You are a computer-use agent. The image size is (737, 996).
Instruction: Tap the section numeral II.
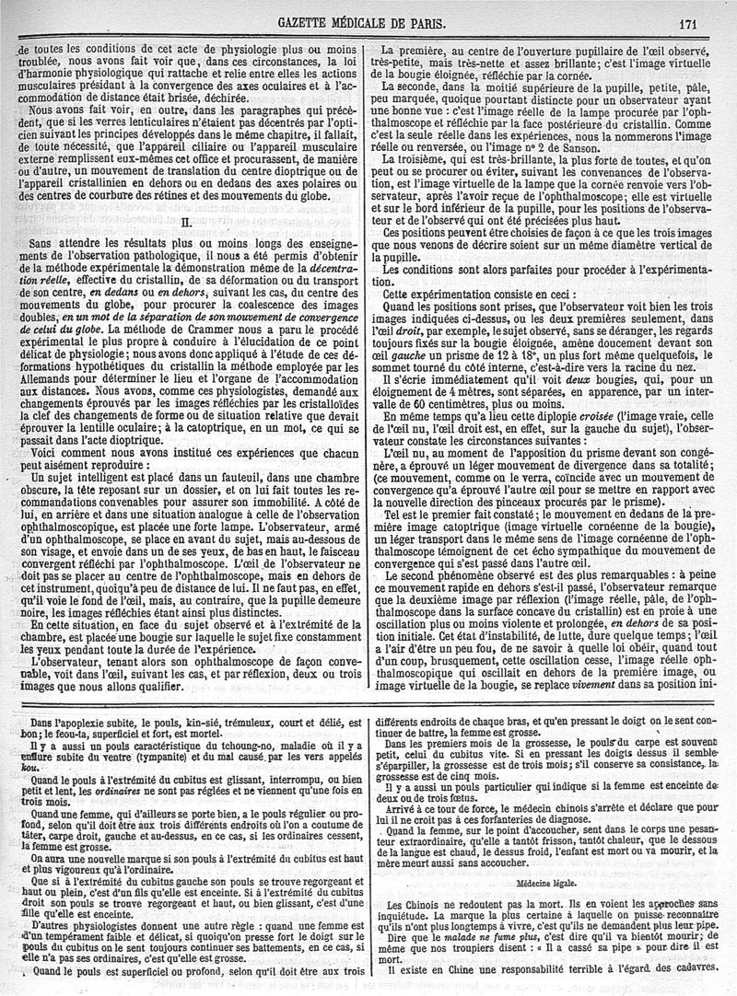click(x=184, y=222)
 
